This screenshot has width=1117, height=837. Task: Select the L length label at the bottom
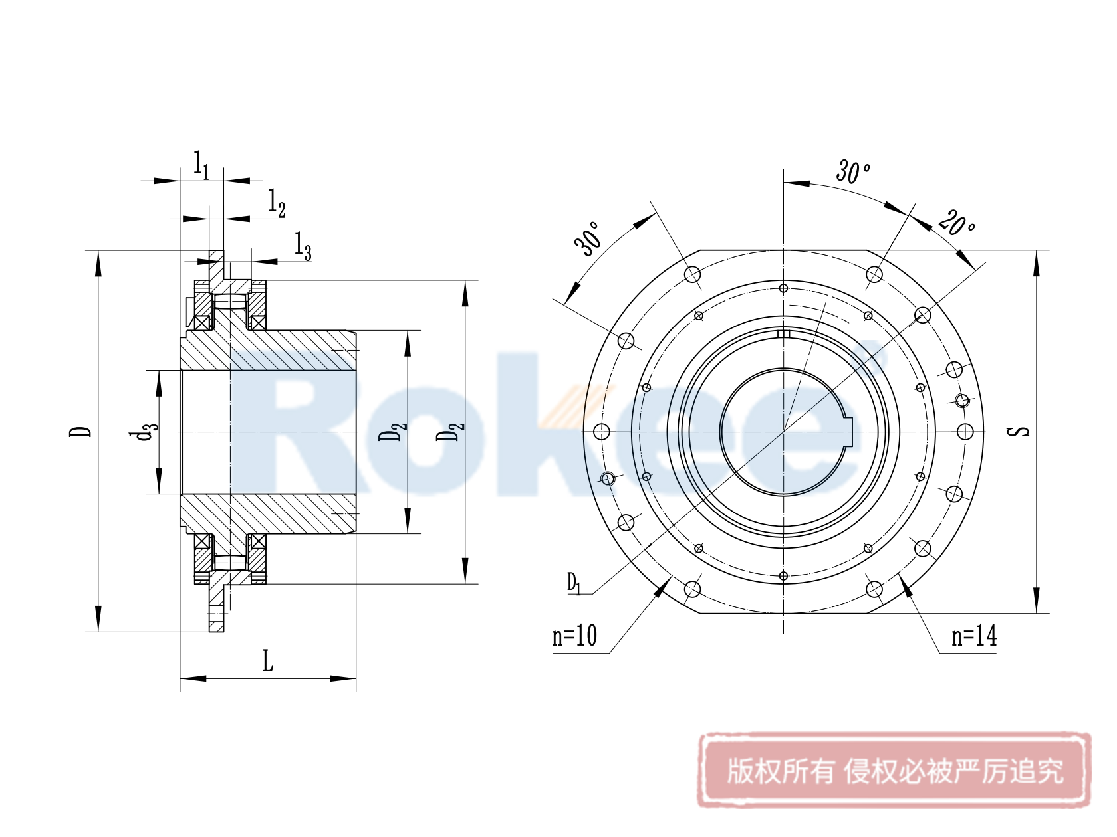pyautogui.click(x=267, y=662)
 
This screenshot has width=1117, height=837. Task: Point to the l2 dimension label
pyautogui.click(x=277, y=203)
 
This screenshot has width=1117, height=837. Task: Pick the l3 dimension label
pyautogui.click(x=303, y=246)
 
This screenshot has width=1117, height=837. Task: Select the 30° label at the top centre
pyautogui.click(x=853, y=171)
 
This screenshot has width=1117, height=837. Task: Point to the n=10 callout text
pyautogui.click(x=574, y=636)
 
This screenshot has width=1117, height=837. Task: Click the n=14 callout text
pyautogui.click(x=974, y=636)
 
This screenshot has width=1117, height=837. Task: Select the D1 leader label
pyautogui.click(x=574, y=584)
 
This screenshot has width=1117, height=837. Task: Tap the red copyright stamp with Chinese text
pyautogui.click(x=894, y=771)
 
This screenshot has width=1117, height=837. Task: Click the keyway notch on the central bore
pyautogui.click(x=848, y=432)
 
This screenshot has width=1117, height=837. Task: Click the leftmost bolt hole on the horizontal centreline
pyautogui.click(x=602, y=432)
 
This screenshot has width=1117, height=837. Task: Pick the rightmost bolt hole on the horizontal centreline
pyautogui.click(x=965, y=432)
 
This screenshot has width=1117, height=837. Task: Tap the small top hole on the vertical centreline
pyautogui.click(x=783, y=288)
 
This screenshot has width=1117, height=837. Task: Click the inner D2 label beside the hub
pyautogui.click(x=392, y=432)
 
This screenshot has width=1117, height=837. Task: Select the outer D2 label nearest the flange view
pyautogui.click(x=450, y=432)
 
